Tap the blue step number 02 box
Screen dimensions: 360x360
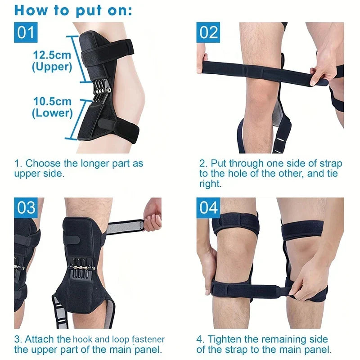[x=208, y=32]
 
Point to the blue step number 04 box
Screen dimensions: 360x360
[x=208, y=207]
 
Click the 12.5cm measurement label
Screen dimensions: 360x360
[x=52, y=55]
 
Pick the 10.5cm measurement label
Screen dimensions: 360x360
[x=52, y=101]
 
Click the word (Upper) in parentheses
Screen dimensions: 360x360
[x=52, y=67]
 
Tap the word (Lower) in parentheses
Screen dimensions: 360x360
[x=52, y=113]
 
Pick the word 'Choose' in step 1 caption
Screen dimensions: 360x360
[x=42, y=163]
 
